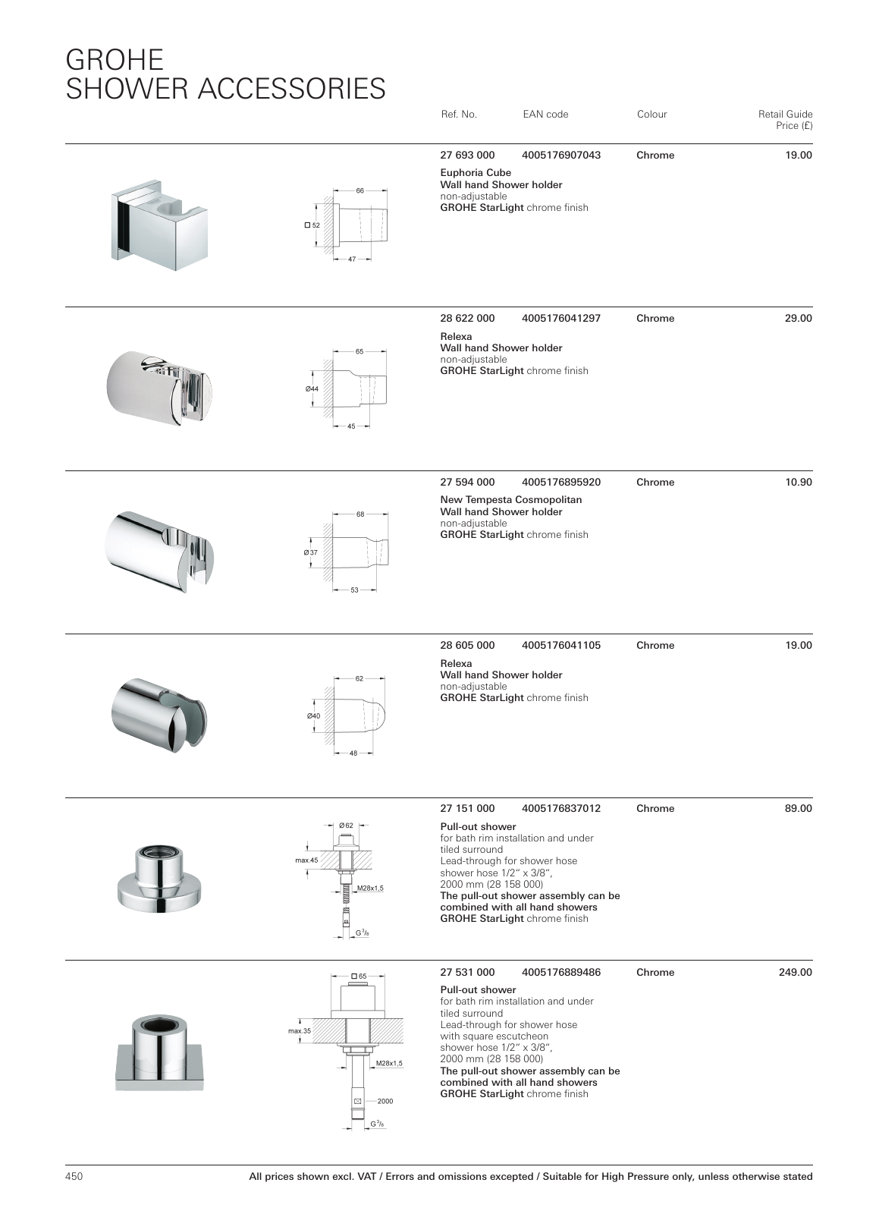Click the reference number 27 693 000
(467, 156)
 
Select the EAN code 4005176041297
(560, 319)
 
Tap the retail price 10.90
(798, 483)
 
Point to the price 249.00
(795, 973)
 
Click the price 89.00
(798, 809)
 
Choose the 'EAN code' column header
(545, 115)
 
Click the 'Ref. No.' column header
(459, 115)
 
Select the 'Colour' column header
(651, 115)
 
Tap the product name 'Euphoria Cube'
(476, 173)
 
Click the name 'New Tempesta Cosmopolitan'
(511, 500)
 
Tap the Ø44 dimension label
(312, 388)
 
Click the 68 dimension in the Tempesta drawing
(360, 514)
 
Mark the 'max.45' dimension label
(306, 860)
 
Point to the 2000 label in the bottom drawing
(385, 1101)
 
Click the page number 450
(74, 1177)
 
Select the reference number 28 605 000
(467, 646)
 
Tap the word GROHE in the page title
(115, 59)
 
